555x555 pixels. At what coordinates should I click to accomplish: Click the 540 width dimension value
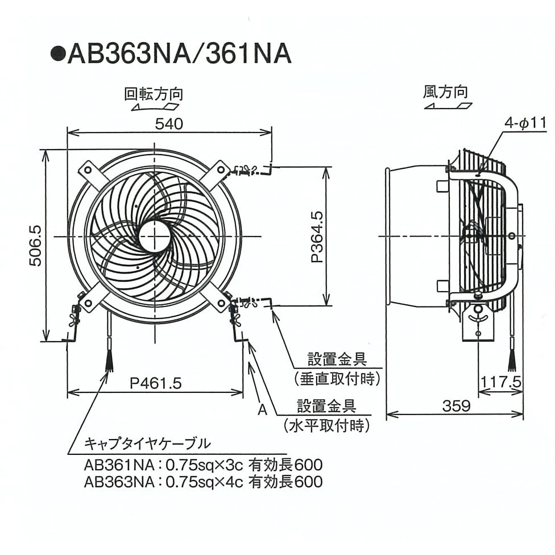click(169, 123)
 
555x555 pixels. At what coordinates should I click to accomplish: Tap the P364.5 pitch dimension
click(317, 237)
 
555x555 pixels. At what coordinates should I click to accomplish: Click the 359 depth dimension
click(457, 405)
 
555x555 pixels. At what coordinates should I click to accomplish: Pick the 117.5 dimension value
click(500, 382)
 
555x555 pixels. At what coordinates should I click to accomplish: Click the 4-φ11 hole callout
click(525, 122)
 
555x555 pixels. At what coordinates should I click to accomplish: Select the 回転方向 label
click(154, 93)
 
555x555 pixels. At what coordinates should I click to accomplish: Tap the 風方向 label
click(445, 91)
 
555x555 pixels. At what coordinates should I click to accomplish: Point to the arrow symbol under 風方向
click(448, 106)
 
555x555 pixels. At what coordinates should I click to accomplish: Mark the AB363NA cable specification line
click(202, 482)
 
